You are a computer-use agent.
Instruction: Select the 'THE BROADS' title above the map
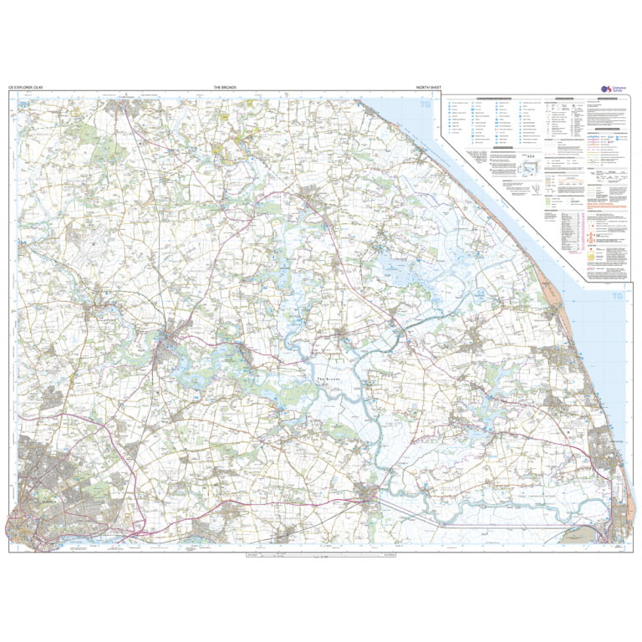pyautogui.click(x=225, y=87)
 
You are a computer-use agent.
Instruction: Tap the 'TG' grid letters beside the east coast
pyautogui.click(x=617, y=296)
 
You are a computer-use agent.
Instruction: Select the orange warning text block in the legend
pyautogui.click(x=604, y=206)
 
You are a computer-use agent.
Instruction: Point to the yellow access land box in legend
pyautogui.click(x=592, y=256)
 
